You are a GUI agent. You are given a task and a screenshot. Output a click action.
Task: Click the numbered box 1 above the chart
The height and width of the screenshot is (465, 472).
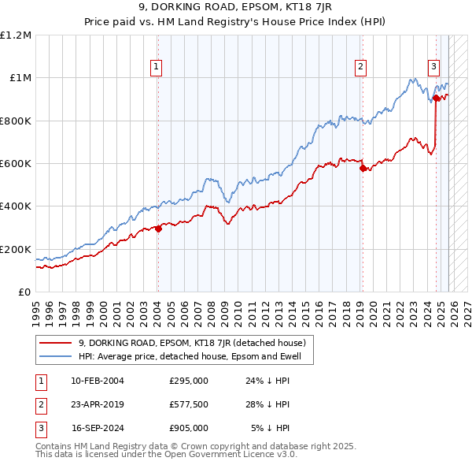157,68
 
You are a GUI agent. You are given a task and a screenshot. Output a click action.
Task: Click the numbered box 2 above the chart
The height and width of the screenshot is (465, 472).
360,68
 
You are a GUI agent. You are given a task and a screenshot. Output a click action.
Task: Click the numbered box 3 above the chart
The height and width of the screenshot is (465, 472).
433,68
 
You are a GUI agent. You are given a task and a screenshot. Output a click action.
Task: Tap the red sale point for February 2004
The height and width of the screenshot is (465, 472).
158,229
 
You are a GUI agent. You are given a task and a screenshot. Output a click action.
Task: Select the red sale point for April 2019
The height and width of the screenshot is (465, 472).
362,168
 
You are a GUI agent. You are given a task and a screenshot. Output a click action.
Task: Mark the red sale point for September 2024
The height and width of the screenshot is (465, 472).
436,99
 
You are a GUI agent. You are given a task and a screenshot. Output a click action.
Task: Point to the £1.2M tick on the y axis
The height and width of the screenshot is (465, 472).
16,35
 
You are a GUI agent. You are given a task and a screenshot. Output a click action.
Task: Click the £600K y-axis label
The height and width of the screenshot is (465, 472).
16,164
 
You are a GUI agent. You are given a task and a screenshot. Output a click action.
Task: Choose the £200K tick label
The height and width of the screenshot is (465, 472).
16,249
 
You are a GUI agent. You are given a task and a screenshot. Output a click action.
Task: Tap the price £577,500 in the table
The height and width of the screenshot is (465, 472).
188,404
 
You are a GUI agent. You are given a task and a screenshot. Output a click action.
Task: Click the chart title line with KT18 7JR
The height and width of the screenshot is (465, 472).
235,9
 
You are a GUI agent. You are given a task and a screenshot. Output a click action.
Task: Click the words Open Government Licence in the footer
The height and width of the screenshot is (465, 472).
212,454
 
